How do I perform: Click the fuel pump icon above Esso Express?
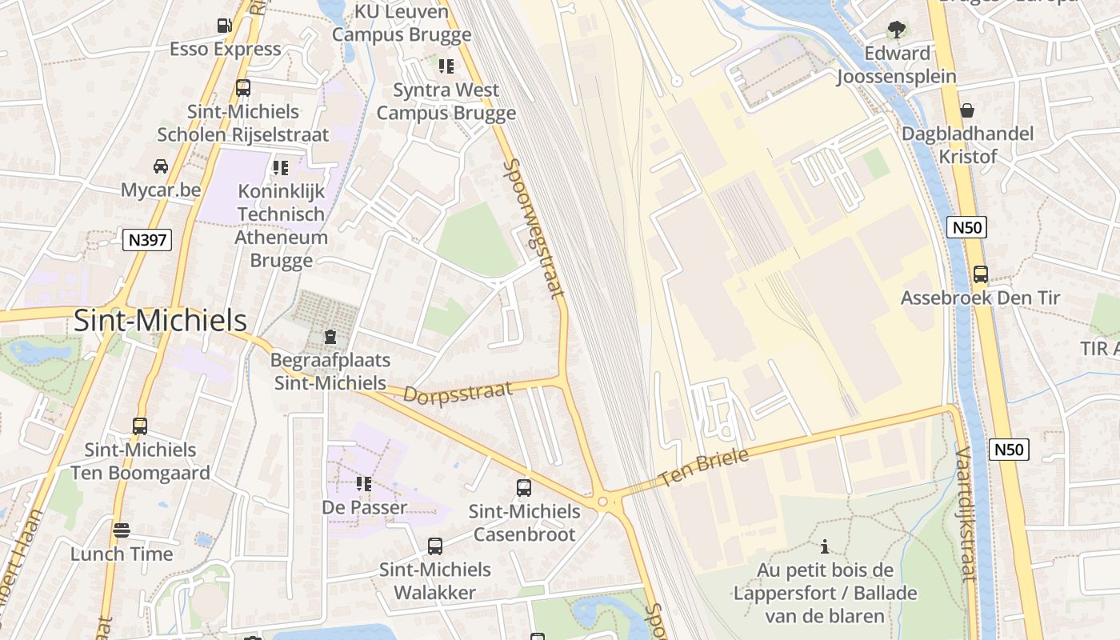tap(225, 26)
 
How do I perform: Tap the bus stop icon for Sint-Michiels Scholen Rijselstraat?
tap(242, 88)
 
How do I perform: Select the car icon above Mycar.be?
tap(161, 166)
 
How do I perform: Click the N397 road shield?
tap(147, 238)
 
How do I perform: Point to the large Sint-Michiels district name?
tap(160, 321)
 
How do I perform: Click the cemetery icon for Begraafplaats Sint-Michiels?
tap(330, 338)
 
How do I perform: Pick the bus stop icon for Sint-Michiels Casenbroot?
tap(524, 488)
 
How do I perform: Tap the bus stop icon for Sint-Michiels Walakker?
tap(434, 546)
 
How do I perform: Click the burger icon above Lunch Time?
tap(121, 530)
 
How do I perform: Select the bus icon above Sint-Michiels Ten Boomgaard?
tap(140, 426)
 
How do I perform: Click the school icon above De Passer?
tap(364, 484)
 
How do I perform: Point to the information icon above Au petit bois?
tap(825, 547)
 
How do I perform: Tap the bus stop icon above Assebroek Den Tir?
tap(980, 274)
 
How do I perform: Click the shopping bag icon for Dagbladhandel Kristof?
tap(967, 110)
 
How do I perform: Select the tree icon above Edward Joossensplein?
tap(896, 30)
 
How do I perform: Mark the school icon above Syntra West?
tap(446, 66)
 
